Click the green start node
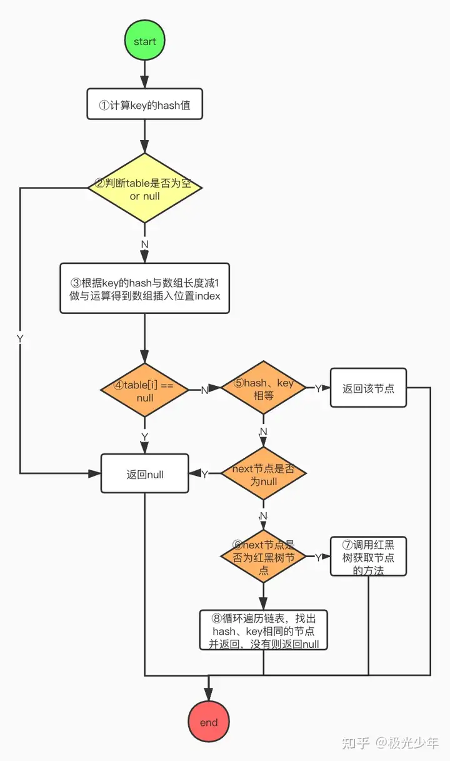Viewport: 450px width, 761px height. click(x=145, y=41)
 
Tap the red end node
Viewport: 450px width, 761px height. click(x=208, y=722)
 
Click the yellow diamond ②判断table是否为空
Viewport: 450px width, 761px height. click(x=145, y=188)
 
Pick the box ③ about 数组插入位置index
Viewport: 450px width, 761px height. click(x=145, y=288)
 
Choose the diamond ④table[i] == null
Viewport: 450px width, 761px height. click(x=145, y=390)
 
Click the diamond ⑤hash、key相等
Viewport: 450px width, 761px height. click(x=263, y=388)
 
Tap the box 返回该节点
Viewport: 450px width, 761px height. click(x=368, y=388)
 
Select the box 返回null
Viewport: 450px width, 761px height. click(x=145, y=474)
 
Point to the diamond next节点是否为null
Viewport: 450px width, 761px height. click(x=263, y=474)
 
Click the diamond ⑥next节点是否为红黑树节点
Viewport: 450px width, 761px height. click(x=263, y=556)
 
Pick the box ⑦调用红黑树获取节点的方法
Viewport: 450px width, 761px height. click(x=368, y=556)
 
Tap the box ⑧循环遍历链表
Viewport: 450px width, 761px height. click(x=263, y=630)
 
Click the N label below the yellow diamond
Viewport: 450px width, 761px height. click(x=145, y=244)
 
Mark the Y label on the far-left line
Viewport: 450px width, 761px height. click(x=20, y=338)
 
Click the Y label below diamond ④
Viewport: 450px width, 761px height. click(x=145, y=436)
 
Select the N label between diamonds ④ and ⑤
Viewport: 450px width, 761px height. click(x=204, y=390)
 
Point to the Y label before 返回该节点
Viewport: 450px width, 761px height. click(x=317, y=388)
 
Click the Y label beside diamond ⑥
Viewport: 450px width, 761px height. click(x=317, y=557)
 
